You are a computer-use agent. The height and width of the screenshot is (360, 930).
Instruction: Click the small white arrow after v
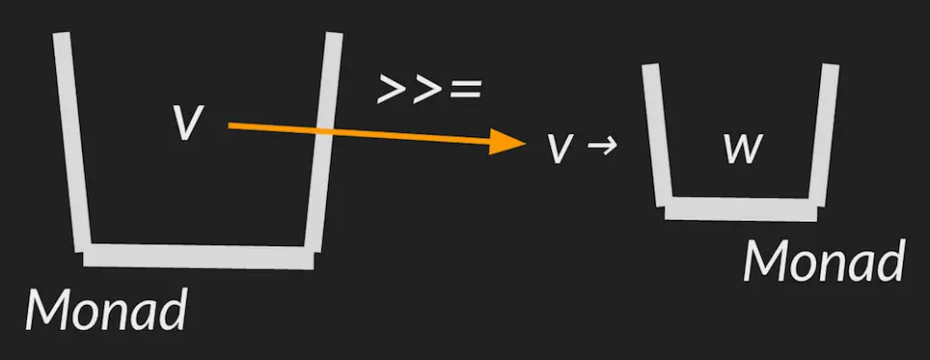(x=602, y=147)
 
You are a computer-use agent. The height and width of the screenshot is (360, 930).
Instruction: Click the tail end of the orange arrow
(x=231, y=125)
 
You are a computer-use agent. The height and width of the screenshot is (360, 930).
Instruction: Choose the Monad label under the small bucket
(x=824, y=261)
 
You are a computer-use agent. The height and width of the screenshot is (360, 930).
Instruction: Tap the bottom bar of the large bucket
(x=199, y=257)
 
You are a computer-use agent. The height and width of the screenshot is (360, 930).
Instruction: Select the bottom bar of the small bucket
(x=739, y=208)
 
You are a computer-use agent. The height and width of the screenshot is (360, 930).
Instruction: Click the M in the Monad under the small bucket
(x=766, y=261)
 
